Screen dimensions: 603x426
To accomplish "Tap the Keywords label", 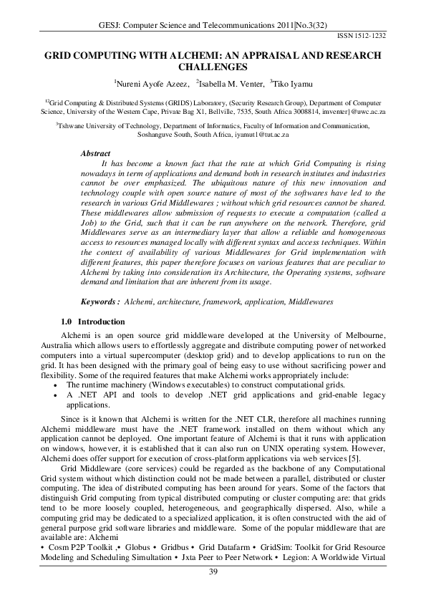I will pos(100,303).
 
